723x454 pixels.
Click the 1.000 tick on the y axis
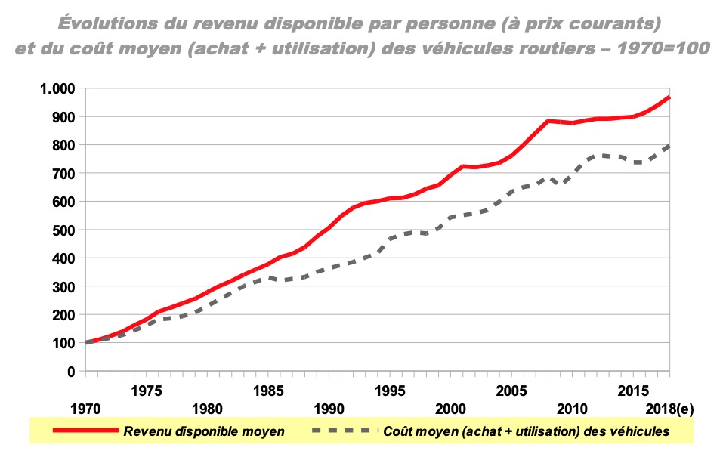point(54,88)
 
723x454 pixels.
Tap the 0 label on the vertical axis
point(70,372)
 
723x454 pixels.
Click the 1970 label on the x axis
point(85,409)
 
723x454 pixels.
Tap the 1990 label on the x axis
point(329,409)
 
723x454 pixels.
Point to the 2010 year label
point(573,409)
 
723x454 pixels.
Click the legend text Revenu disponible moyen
point(204,431)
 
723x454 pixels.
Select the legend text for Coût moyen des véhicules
point(527,431)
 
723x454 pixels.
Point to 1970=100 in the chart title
point(665,48)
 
